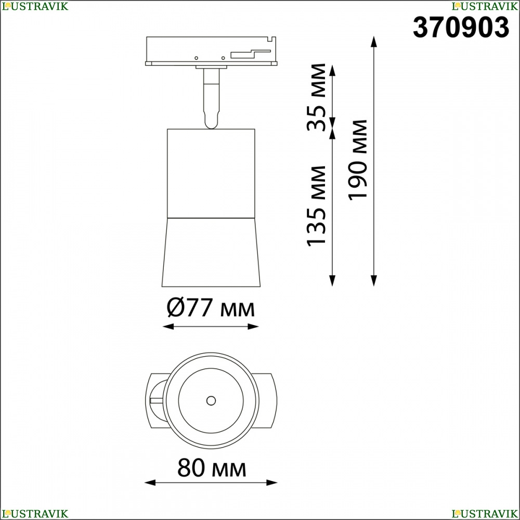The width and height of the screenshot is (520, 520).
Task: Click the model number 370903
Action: [x=461, y=28]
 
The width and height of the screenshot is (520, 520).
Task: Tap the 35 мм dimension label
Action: [x=317, y=97]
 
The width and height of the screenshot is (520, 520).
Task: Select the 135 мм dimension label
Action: [x=317, y=206]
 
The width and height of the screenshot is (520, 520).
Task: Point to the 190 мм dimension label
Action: [x=358, y=160]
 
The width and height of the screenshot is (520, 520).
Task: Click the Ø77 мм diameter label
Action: [x=211, y=307]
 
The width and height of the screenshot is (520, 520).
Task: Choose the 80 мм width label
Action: [x=212, y=468]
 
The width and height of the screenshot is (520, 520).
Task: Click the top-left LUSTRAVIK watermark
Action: [x=35, y=6]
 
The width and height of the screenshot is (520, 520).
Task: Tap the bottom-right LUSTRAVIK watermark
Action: [x=485, y=514]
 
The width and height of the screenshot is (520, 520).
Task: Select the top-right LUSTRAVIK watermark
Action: [x=485, y=6]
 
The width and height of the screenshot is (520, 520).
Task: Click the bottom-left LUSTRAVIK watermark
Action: [x=35, y=514]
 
